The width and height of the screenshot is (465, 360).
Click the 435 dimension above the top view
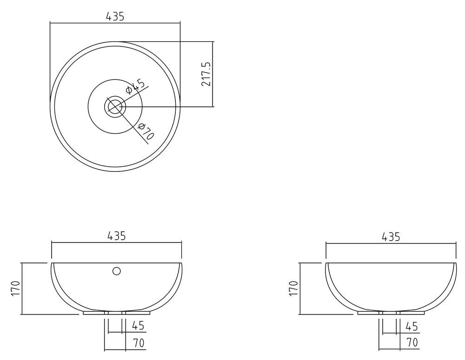[x=115, y=16]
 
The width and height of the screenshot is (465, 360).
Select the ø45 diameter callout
[x=136, y=86]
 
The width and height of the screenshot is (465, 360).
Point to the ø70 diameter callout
[x=146, y=131]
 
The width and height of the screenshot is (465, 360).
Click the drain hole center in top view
[x=114, y=107]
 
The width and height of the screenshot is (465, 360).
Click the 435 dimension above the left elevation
[x=117, y=236]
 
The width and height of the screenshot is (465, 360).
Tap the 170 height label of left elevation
[x=15, y=289]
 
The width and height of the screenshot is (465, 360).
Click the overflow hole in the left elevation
[x=117, y=271]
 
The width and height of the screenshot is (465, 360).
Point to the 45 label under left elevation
[x=138, y=326]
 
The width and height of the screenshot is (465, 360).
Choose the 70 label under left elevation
[x=138, y=343]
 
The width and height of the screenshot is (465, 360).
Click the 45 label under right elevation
[x=412, y=326]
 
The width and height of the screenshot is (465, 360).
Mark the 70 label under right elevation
[x=412, y=343]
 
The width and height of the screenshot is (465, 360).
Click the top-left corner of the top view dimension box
[x=50, y=22]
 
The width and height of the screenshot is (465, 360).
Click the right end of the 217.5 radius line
[x=213, y=107]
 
